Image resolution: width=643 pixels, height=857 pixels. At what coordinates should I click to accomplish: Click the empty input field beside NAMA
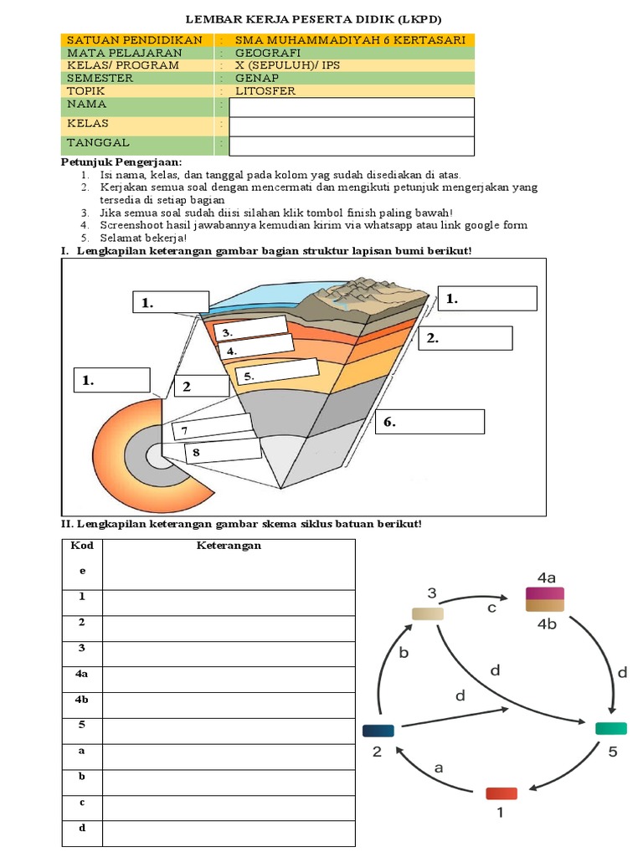(352, 107)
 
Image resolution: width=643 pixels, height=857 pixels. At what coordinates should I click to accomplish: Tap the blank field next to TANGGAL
(352, 146)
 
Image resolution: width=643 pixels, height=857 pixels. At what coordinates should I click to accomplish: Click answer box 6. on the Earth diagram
(430, 422)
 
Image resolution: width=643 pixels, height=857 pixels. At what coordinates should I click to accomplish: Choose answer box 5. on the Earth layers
(277, 372)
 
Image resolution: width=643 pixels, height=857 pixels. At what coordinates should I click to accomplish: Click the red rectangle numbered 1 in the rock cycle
(502, 793)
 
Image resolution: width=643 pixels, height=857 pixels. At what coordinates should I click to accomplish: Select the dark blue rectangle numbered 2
(378, 730)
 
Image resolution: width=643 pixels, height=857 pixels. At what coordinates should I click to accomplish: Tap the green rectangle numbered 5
(610, 728)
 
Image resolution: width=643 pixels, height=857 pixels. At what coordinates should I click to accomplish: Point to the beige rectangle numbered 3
(428, 613)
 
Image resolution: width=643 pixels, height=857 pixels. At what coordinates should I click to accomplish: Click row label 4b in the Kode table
(82, 699)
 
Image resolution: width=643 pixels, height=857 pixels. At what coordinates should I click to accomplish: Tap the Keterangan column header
(229, 546)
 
